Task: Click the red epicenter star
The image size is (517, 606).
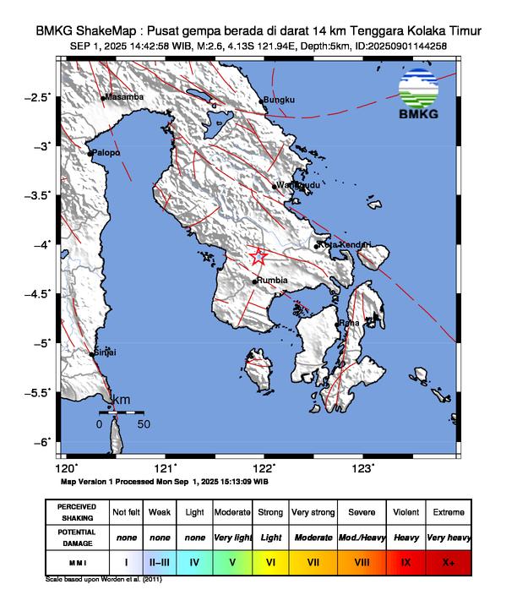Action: [x=258, y=256]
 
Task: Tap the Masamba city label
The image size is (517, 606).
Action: [x=125, y=97]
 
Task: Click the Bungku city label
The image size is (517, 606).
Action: [x=279, y=101]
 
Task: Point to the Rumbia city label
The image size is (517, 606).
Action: [x=273, y=281]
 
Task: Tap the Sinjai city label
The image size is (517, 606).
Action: [x=106, y=352]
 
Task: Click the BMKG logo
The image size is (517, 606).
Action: [x=421, y=95]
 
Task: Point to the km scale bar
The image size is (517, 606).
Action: [x=122, y=412]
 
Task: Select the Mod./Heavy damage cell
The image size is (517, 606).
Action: [x=362, y=537]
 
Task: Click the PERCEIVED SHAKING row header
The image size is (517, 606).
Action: [x=78, y=512]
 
